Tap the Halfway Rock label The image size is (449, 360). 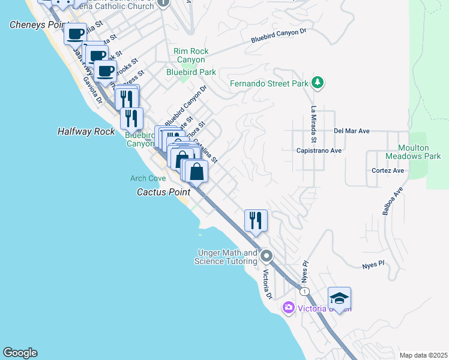pyautogui.click(x=86, y=131)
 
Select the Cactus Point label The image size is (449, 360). pyautogui.click(x=163, y=193)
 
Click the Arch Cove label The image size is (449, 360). pyautogui.click(x=148, y=178)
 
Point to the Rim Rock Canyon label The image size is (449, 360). pyautogui.click(x=191, y=56)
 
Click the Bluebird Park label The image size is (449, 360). pyautogui.click(x=191, y=72)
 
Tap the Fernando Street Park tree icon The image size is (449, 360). pyautogui.click(x=318, y=83)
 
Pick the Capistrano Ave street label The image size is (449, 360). pyautogui.click(x=318, y=151)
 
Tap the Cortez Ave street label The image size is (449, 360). pyautogui.click(x=388, y=170)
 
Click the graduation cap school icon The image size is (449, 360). pyautogui.click(x=339, y=298)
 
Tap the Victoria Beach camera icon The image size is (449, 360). pyautogui.click(x=289, y=308)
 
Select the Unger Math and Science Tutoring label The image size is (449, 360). pyautogui.click(x=226, y=257)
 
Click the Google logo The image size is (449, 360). pyautogui.click(x=20, y=353)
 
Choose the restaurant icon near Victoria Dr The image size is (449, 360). pyautogui.click(x=256, y=220)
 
